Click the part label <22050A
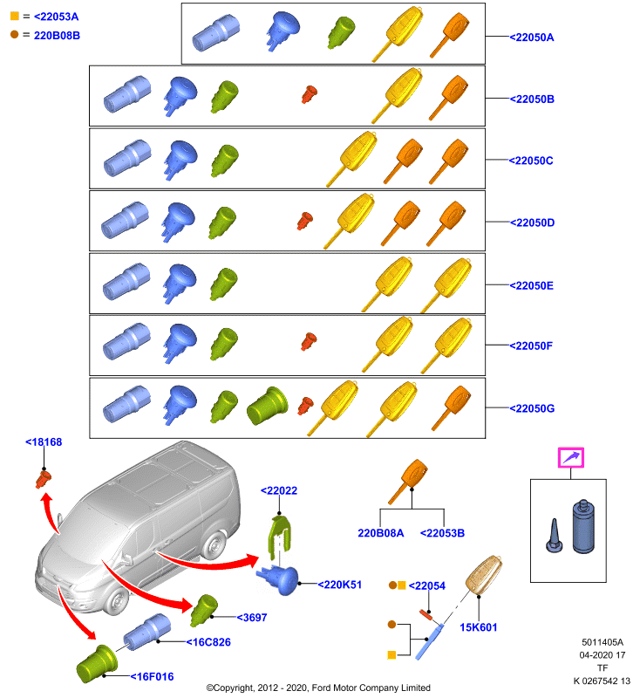coord(532,38)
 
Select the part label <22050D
coord(532,222)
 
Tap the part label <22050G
coord(532,408)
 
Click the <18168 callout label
coord(44,442)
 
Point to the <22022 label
coord(279,490)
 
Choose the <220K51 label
coord(340,585)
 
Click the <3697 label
coord(252,618)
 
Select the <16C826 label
coord(208,642)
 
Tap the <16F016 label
coord(152,677)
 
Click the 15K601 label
coord(479,627)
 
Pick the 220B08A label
coord(381,533)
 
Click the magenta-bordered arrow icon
coord(571,457)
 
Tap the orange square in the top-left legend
coord(15,16)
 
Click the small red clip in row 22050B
coord(310,94)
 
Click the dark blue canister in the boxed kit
coord(583,527)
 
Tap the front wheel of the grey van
coord(117,600)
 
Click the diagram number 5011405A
coord(603,642)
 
